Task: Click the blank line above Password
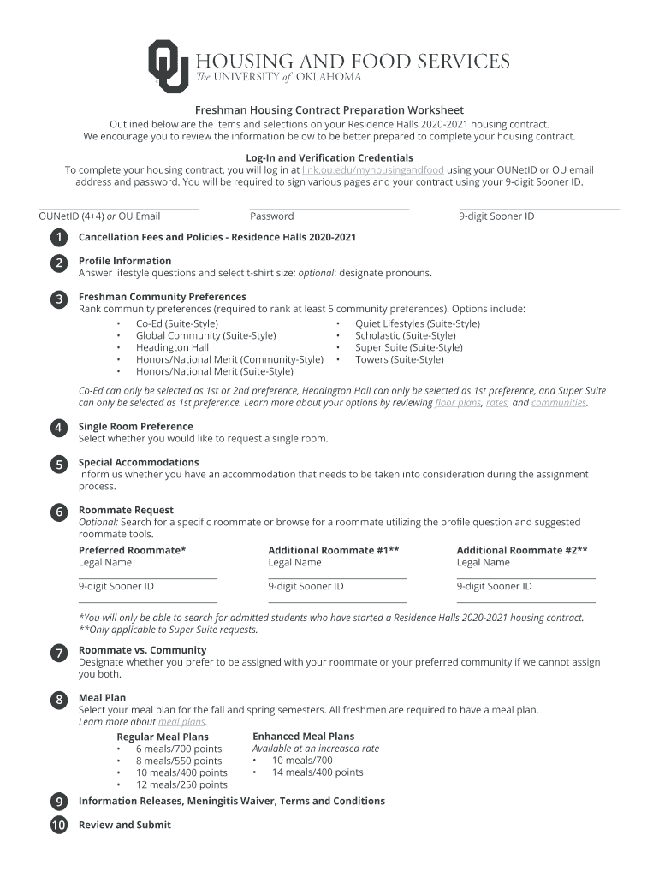[x=329, y=208]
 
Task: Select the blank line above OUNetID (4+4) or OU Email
[x=119, y=208]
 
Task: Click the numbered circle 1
[x=58, y=237]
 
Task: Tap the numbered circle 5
[x=58, y=465]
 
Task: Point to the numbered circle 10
[x=58, y=826]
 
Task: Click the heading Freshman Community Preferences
[x=162, y=297]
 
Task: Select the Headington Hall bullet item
[x=172, y=347]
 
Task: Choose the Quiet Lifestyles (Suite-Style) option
[x=417, y=323]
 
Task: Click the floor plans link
[x=457, y=403]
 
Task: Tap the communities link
[x=559, y=403]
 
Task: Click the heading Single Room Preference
[x=135, y=426]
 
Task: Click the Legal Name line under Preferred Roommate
[x=147, y=578]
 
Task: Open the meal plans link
[x=181, y=721]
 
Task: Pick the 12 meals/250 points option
[x=181, y=784]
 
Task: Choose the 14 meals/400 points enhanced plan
[x=317, y=772]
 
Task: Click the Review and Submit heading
[x=124, y=825]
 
